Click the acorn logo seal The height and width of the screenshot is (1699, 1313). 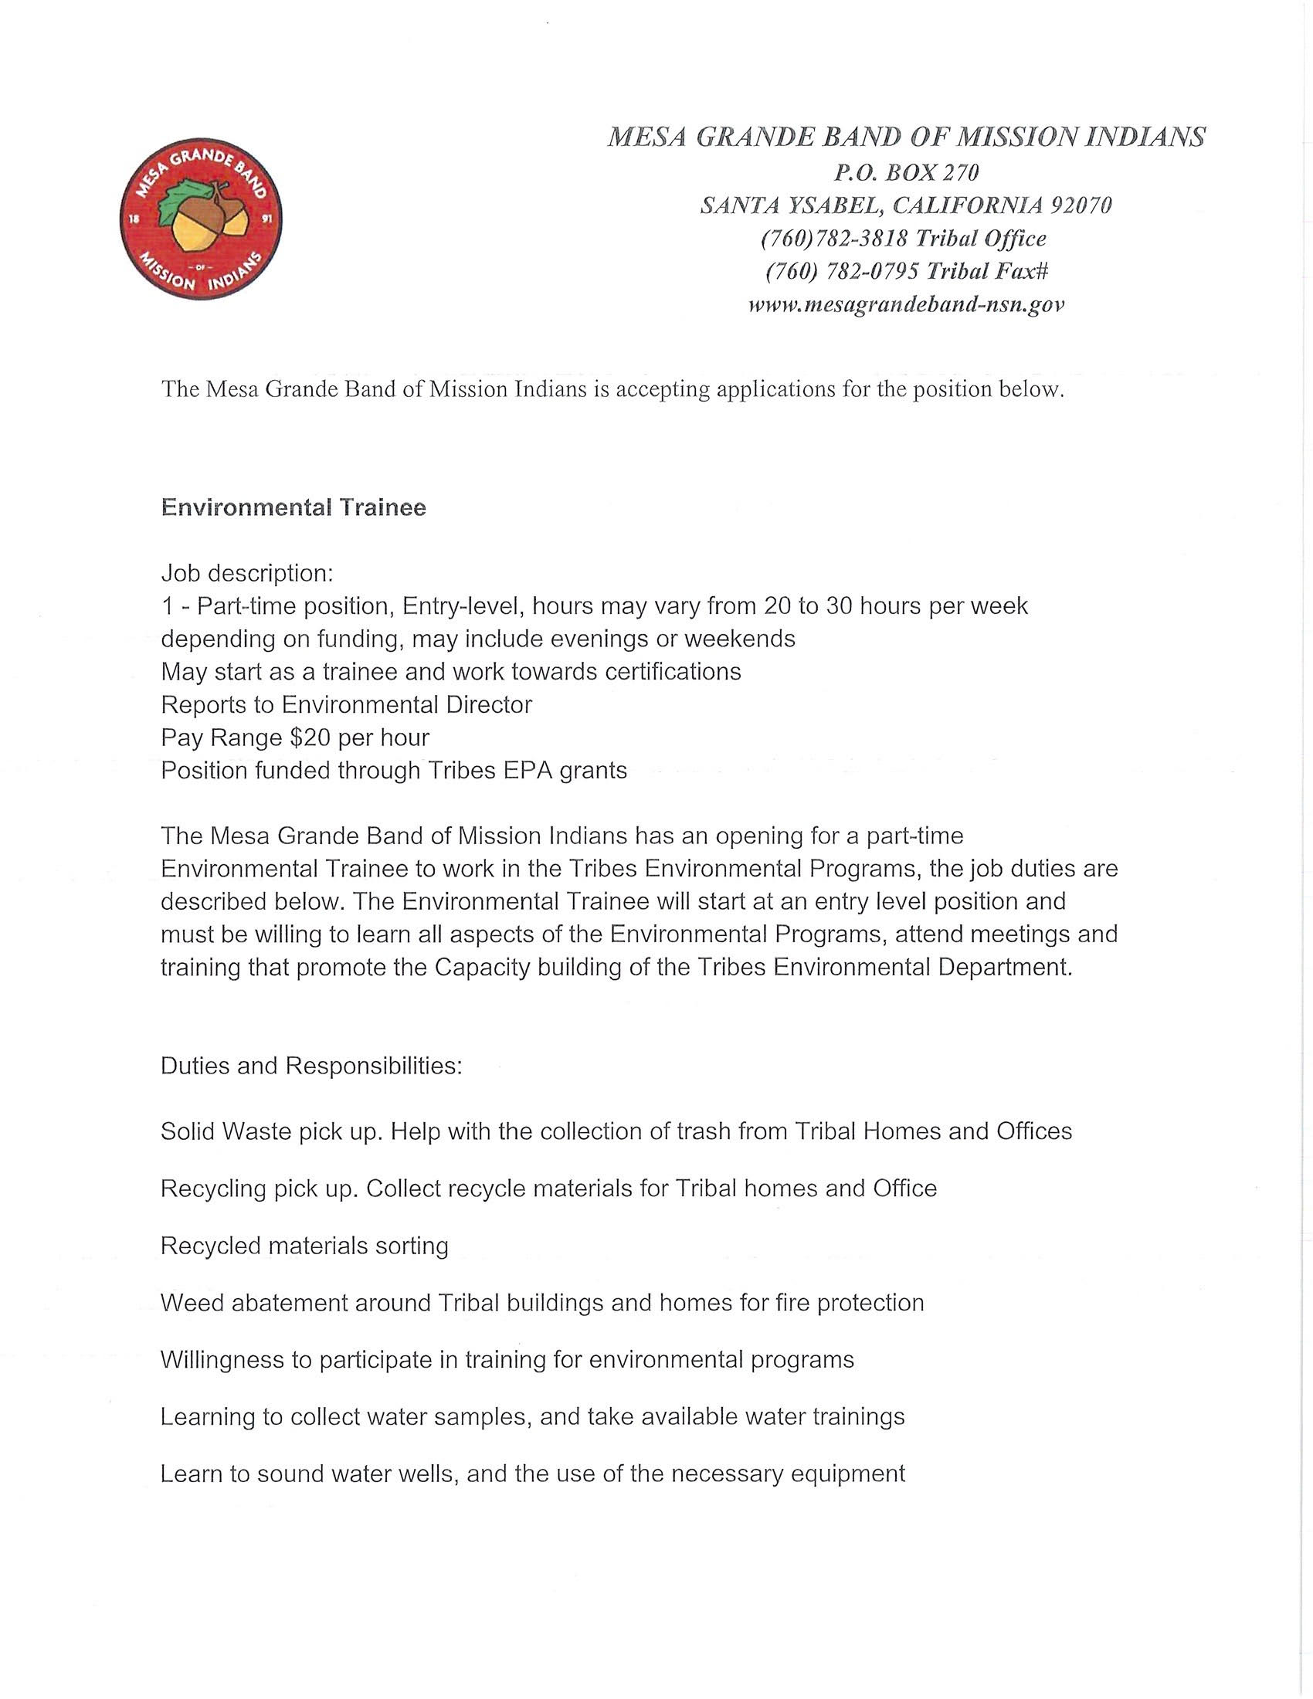pyautogui.click(x=201, y=220)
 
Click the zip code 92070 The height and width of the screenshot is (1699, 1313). pyautogui.click(x=1081, y=205)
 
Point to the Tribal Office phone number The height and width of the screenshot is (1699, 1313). pyautogui.click(x=833, y=238)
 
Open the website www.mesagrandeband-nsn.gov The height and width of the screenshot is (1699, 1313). pyautogui.click(x=905, y=304)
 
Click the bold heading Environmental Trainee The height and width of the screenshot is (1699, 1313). pyautogui.click(x=293, y=507)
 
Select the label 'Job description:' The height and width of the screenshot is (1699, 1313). pyautogui.click(x=246, y=573)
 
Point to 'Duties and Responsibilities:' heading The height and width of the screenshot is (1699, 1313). pyautogui.click(x=311, y=1065)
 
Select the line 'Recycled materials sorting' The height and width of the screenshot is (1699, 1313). pyautogui.click(x=304, y=1246)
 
